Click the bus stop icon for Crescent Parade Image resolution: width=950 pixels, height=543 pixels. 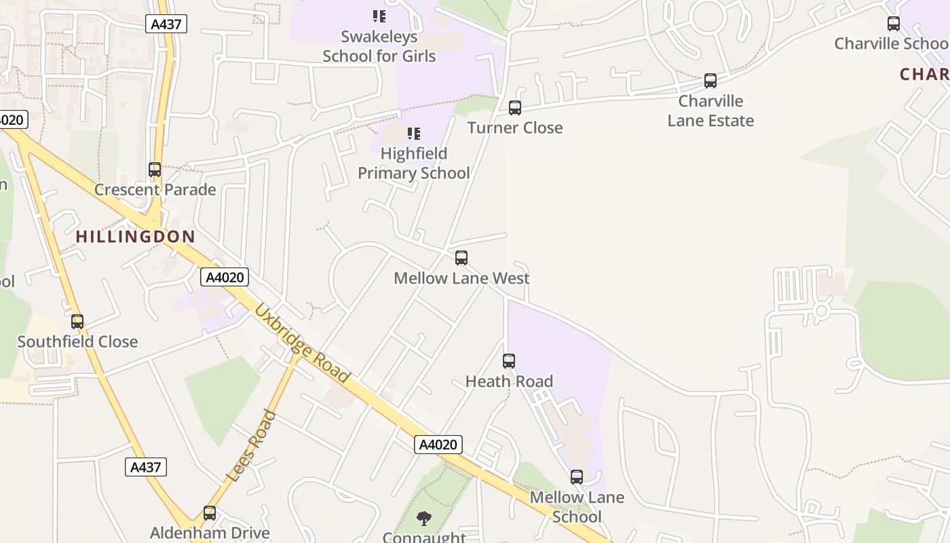(155, 170)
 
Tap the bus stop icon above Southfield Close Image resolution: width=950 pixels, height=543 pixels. (77, 322)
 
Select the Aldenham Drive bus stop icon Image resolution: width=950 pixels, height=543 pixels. (210, 513)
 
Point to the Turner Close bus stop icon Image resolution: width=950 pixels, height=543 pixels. (515, 108)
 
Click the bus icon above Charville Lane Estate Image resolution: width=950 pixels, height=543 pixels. (710, 81)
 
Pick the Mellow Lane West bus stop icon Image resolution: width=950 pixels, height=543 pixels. (461, 258)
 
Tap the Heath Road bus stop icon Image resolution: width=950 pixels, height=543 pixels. (509, 361)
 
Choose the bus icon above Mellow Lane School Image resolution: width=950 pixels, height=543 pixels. (577, 477)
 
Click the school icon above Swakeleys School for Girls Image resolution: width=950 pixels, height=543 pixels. (379, 16)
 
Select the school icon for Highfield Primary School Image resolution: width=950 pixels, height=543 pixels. (413, 134)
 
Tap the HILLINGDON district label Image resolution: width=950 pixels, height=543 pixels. (136, 237)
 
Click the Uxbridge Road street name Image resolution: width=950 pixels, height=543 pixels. (302, 343)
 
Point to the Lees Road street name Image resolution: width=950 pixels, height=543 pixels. (251, 446)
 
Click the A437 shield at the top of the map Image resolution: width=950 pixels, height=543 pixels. (166, 24)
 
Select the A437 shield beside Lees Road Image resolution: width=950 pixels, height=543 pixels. (146, 467)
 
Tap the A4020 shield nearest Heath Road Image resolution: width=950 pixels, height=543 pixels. (438, 445)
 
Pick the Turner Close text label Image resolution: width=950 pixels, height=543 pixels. (515, 128)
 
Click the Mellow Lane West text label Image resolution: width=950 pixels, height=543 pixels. (461, 278)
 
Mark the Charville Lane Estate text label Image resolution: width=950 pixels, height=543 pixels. (710, 111)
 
